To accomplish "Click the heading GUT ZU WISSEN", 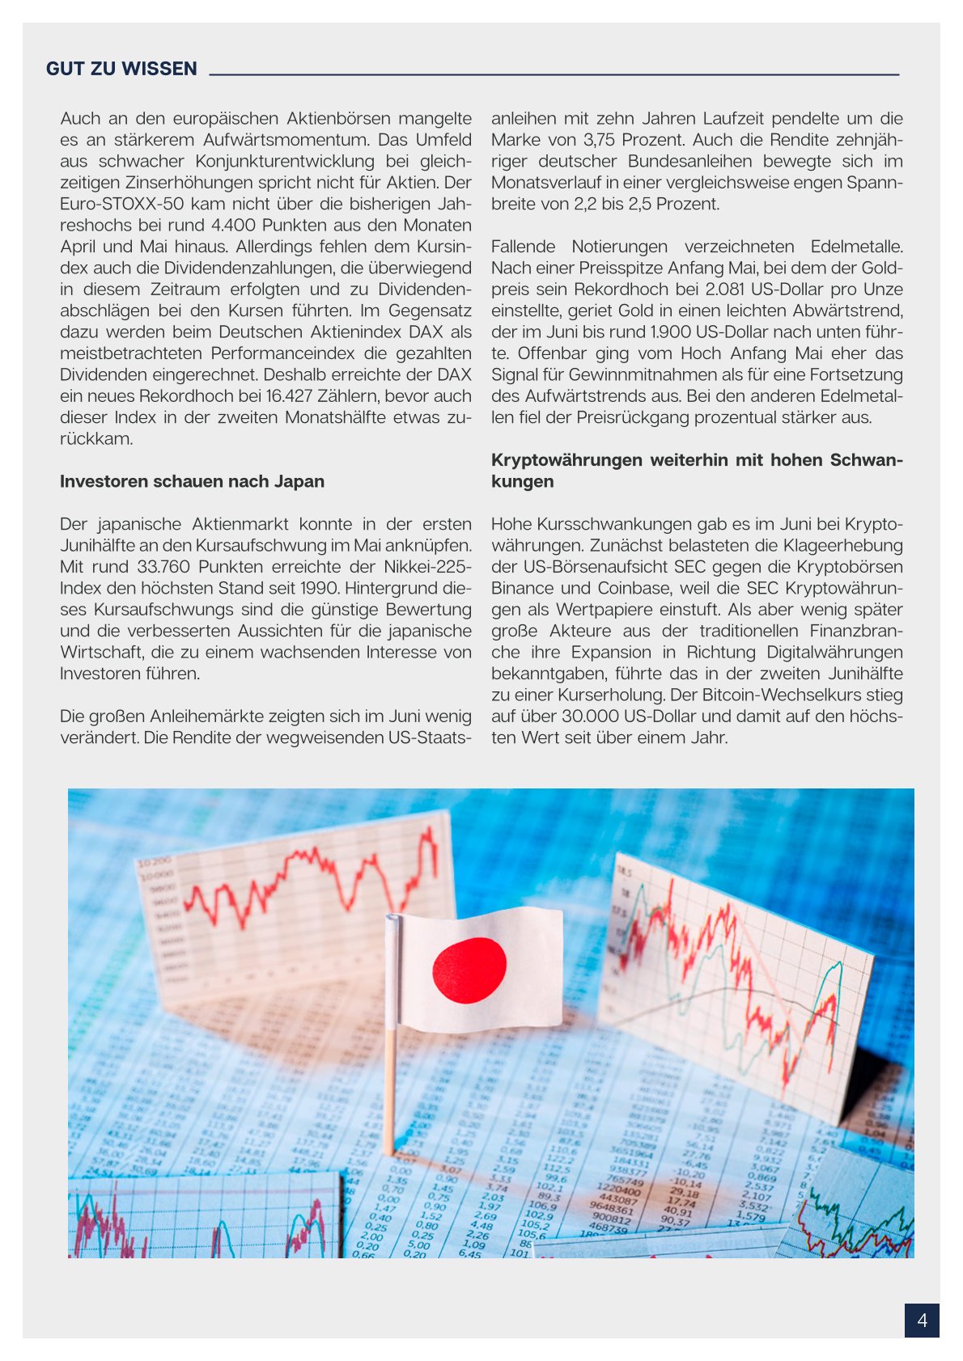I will (x=121, y=69).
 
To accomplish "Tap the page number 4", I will (x=922, y=1321).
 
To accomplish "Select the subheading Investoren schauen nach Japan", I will (x=192, y=481).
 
